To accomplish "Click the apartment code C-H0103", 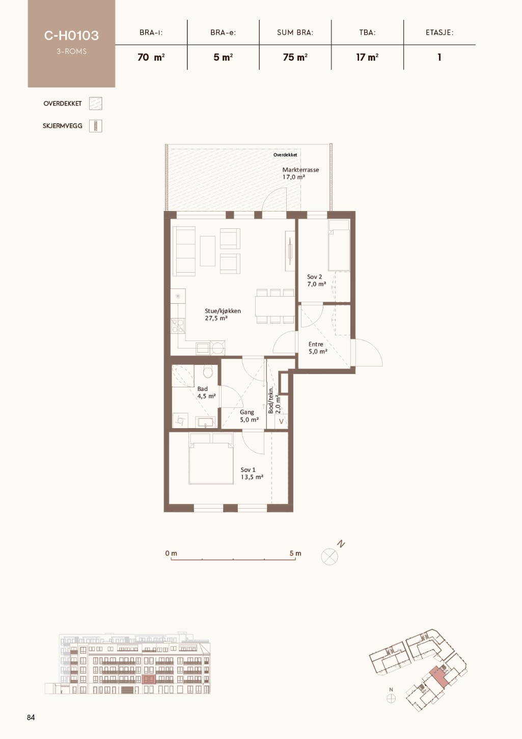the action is (72, 36).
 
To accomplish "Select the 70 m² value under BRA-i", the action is (151, 58).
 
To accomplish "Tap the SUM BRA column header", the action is (295, 33).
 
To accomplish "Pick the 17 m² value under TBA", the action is (367, 58).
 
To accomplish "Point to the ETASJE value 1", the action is (439, 58).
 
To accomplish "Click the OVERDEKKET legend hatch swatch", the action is (96, 103).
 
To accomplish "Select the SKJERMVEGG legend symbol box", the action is (96, 126).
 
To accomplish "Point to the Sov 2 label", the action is (314, 277).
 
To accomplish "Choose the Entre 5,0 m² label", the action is (318, 348).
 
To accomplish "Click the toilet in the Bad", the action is (208, 372).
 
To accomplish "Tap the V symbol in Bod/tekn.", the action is (281, 421).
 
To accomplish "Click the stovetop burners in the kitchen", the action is (178, 326).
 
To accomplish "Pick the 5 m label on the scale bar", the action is (295, 553).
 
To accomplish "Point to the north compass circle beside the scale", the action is (329, 556).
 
